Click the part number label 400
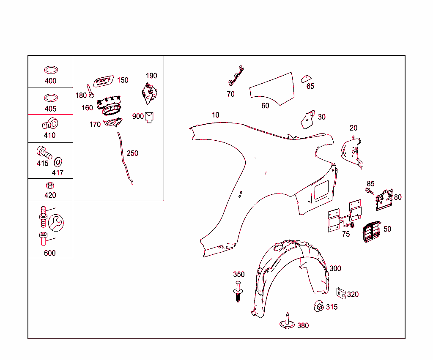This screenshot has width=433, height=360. pyautogui.click(x=51, y=81)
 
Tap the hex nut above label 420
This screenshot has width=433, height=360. pyautogui.click(x=50, y=185)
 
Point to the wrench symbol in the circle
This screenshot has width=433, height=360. pyautogui.click(x=56, y=223)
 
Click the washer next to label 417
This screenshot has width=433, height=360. pyautogui.click(x=58, y=162)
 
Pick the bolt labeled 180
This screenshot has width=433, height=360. pyautogui.click(x=90, y=91)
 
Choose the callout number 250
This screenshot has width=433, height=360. pyautogui.click(x=132, y=153)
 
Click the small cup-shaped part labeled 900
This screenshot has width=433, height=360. pyautogui.click(x=149, y=117)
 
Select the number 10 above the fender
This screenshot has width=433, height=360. pyautogui.click(x=215, y=115)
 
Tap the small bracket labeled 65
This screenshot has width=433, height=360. pyautogui.click(x=306, y=79)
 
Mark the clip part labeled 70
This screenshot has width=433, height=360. pyautogui.click(x=236, y=76)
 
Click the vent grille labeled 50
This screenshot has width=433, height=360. pyautogui.click(x=371, y=232)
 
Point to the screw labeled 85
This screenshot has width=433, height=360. pyautogui.click(x=370, y=191)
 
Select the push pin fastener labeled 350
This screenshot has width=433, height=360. pyautogui.click(x=238, y=291)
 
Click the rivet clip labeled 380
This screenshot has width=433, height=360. pyautogui.click(x=287, y=322)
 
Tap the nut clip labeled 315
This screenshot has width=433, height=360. pyautogui.click(x=319, y=306)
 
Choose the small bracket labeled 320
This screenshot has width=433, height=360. pyautogui.click(x=341, y=293)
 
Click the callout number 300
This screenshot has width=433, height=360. pyautogui.click(x=335, y=268)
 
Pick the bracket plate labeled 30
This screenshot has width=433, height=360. pyautogui.click(x=308, y=120)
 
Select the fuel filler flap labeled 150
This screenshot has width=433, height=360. pyautogui.click(x=104, y=81)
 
